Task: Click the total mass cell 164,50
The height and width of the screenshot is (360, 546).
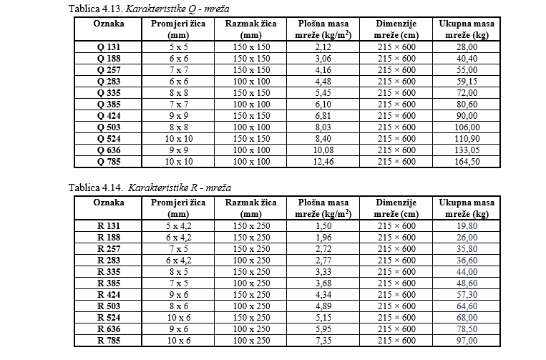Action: [x=467, y=162]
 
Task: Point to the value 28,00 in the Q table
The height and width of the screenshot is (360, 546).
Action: [x=467, y=47]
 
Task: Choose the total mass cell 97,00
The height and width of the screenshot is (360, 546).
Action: [x=467, y=340]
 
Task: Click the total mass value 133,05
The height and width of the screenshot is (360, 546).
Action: [x=467, y=150]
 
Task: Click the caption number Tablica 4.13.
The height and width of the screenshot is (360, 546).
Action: [x=95, y=9]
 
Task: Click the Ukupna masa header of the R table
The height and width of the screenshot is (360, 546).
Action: [x=467, y=208]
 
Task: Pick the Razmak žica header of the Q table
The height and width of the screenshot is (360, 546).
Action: [x=251, y=29]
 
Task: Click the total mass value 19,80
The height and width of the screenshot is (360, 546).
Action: [x=467, y=225]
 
